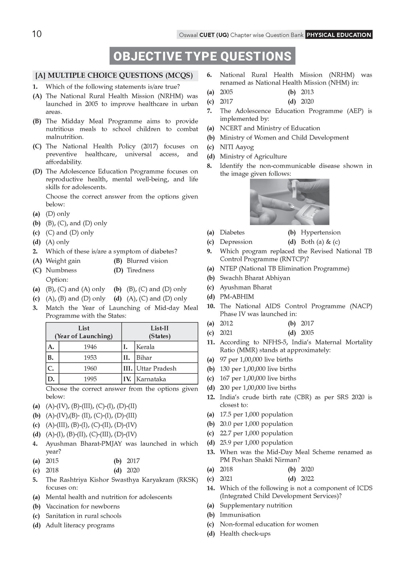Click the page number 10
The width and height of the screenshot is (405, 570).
pos(36,34)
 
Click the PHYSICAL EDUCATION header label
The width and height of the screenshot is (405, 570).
pos(339,35)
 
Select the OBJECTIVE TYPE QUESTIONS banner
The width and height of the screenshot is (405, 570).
pos(202,56)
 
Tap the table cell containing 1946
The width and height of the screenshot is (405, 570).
pos(90,347)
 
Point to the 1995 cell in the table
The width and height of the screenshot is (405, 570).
pos(90,379)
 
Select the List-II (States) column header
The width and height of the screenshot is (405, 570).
pos(159,332)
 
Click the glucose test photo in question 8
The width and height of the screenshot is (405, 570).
pos(290,202)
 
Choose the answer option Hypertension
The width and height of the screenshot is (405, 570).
pos(320,232)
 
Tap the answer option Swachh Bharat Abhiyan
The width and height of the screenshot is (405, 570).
pos(255,278)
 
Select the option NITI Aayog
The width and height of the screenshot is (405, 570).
pos(237,147)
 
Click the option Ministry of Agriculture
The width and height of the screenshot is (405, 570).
pos(253,156)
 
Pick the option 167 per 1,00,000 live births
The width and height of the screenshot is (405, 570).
pos(258,378)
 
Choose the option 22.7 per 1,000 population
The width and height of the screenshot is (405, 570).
pos(256,433)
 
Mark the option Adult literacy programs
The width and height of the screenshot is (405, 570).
pos(80,525)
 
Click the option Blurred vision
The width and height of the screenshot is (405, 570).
pos(147,261)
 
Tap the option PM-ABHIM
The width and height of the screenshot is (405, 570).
pos(237,296)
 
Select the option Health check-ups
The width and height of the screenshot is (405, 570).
pos(245,534)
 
